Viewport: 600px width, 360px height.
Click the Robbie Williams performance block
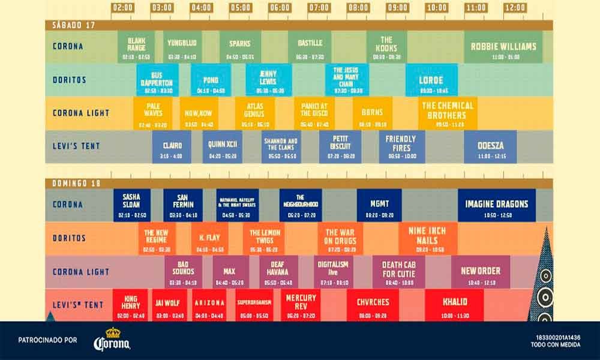tap(503, 48)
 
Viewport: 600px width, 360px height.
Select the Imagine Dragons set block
tap(496, 206)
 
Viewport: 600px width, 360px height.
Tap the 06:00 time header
tap(279, 8)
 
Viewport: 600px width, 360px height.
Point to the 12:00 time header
tap(514, 8)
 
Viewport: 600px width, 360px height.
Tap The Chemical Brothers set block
tap(447, 113)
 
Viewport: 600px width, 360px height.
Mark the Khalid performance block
tap(455, 304)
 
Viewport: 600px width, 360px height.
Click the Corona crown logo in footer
tap(112, 340)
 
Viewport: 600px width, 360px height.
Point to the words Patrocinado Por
tap(49, 340)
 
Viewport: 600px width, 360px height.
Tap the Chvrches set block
tap(373, 304)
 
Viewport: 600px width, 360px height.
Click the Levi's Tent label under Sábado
tap(76, 146)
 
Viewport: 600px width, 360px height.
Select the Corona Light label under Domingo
tap(81, 272)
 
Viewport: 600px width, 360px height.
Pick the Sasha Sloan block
tap(131, 206)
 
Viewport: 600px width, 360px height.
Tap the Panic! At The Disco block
tap(314, 113)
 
